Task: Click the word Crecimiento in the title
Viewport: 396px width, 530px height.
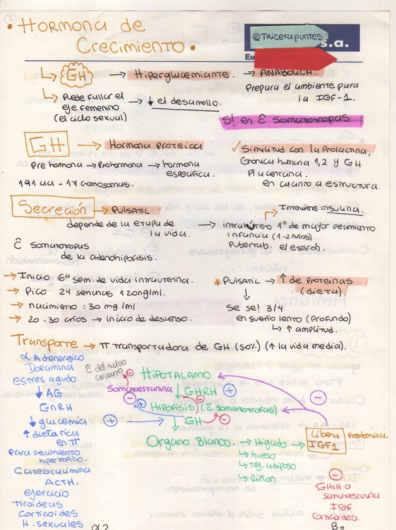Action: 131,46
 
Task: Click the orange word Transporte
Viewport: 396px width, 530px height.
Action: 47,343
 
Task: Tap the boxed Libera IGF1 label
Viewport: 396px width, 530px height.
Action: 324,440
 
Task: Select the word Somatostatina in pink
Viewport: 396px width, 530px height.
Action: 140,389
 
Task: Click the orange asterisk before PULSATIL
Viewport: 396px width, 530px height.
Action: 217,281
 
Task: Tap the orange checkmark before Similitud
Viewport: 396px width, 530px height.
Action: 234,148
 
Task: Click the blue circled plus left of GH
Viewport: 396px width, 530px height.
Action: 111,420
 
